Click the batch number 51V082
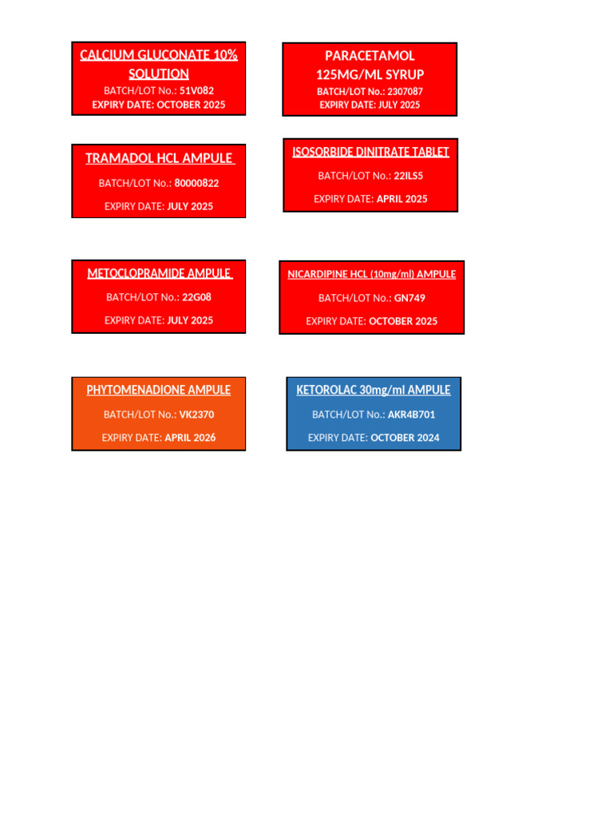196,90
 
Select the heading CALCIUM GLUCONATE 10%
159,55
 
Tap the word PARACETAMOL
370,56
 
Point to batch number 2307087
405,91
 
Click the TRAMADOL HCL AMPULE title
159,158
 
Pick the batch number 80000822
196,183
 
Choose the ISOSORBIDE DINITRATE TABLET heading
370,152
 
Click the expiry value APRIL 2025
402,199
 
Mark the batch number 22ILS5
408,176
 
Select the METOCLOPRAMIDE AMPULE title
159,273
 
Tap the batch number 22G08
196,297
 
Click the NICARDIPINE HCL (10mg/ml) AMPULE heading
372,274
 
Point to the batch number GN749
409,298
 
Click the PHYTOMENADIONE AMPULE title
159,390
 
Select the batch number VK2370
196,415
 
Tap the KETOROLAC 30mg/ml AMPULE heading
374,390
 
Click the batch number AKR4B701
411,415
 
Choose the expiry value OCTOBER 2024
405,437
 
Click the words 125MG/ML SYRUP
370,74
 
